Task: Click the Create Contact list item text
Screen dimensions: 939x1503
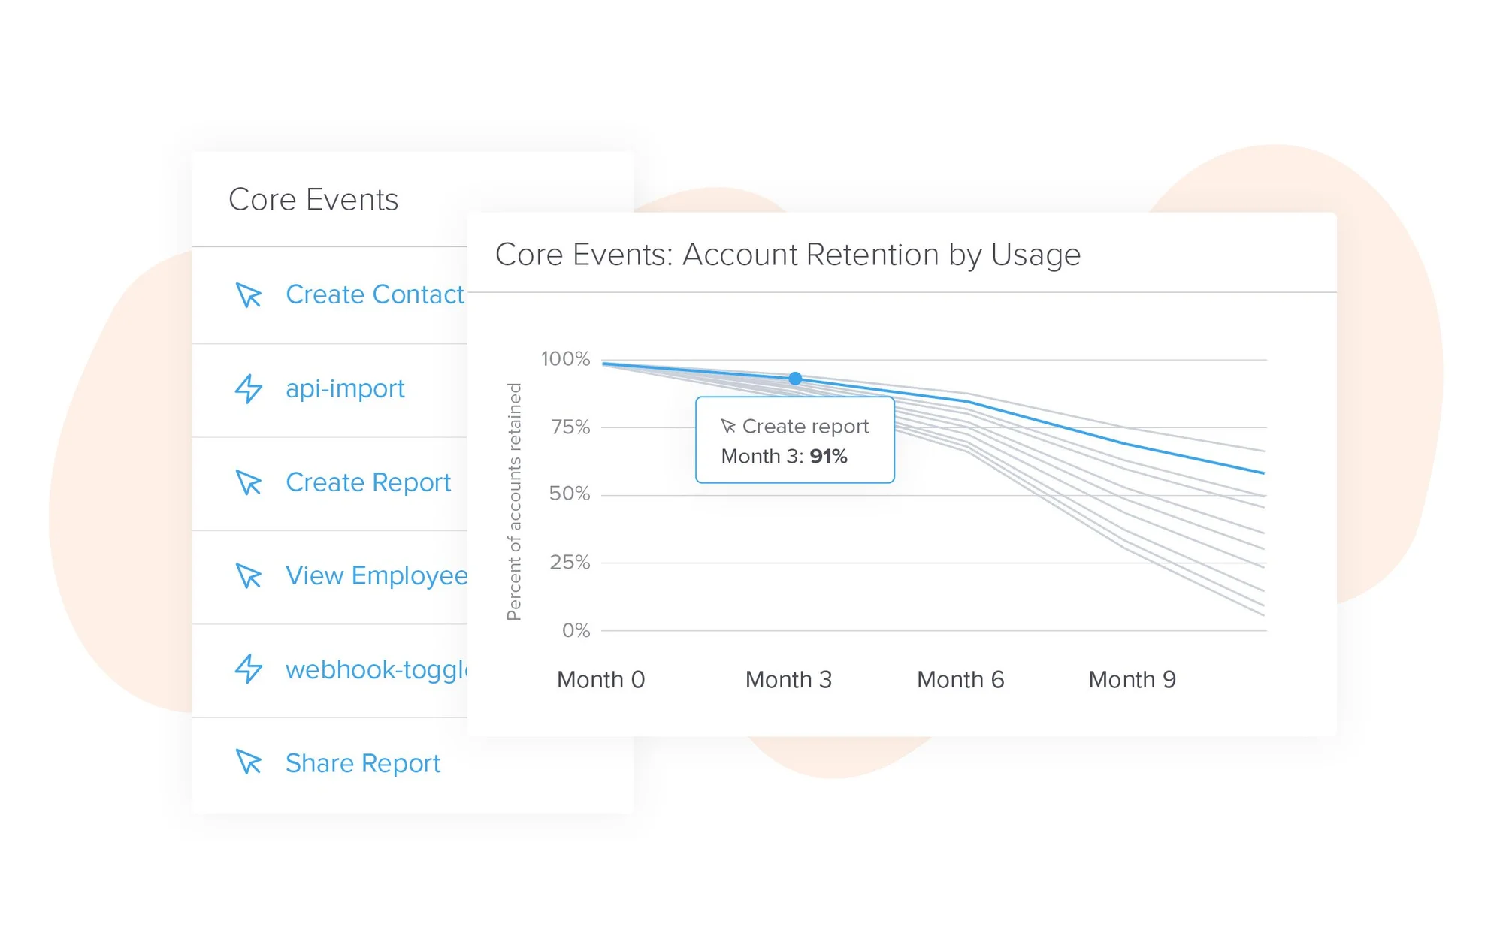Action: tap(374, 295)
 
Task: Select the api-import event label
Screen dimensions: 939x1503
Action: tap(345, 389)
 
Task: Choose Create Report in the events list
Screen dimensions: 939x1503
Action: tap(368, 482)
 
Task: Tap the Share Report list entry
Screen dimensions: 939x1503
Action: tap(363, 763)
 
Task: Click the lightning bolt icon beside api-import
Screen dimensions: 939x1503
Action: tap(249, 389)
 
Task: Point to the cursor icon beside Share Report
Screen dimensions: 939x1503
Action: tap(249, 762)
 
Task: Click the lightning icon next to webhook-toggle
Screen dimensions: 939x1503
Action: tap(249, 669)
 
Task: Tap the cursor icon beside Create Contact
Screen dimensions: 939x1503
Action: tap(249, 295)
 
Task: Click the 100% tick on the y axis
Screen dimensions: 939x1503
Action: tap(565, 359)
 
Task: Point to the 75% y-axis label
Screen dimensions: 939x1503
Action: tap(570, 427)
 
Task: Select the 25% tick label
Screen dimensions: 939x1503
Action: tap(570, 563)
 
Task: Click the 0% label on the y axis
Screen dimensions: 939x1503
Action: tap(576, 630)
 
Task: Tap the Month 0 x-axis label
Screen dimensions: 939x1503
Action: tap(600, 680)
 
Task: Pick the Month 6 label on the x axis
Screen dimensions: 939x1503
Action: tap(960, 680)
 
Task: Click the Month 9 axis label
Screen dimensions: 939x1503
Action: tap(1132, 680)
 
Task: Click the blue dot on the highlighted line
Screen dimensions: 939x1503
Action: tap(795, 379)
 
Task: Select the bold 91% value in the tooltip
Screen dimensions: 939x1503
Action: tap(828, 457)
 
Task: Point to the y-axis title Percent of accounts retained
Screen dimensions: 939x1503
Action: tap(514, 502)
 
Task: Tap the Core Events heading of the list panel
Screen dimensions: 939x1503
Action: tap(313, 200)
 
